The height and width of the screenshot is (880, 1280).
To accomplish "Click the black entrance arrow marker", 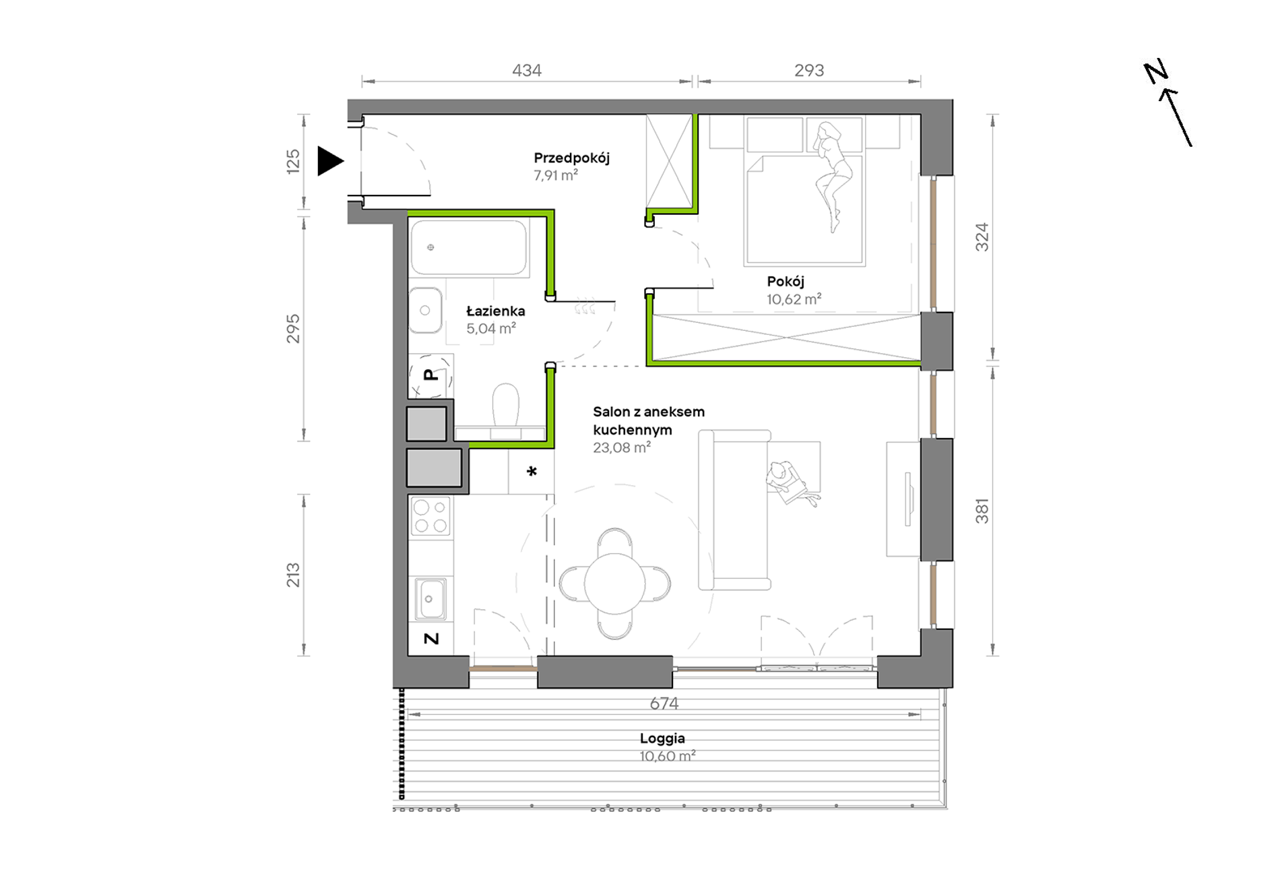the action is point(330,161).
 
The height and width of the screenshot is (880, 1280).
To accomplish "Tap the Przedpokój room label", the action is point(571,158).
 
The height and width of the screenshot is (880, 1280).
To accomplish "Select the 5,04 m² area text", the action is point(491,328).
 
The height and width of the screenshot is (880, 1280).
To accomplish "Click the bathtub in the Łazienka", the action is point(469,247).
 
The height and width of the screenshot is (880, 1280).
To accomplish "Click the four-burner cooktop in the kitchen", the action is point(430,516).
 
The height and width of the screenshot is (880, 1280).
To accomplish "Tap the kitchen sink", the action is point(430,598).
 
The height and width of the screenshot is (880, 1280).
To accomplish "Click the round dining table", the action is point(614,584).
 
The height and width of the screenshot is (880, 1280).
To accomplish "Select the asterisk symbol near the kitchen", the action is point(532,472).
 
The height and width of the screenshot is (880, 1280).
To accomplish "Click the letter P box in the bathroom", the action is point(430,375).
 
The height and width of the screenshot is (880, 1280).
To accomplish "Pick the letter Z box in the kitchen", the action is point(430,638).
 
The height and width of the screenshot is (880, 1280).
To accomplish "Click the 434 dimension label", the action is point(527,70).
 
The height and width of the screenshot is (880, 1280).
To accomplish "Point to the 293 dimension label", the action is point(809,70).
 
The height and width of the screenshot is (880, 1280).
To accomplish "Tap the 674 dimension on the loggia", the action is point(664,703).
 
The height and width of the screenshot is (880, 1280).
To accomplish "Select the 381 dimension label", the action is point(982,511).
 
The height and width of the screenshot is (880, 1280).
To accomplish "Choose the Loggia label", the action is point(662,738).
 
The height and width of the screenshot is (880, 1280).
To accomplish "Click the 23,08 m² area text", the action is point(622,447).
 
